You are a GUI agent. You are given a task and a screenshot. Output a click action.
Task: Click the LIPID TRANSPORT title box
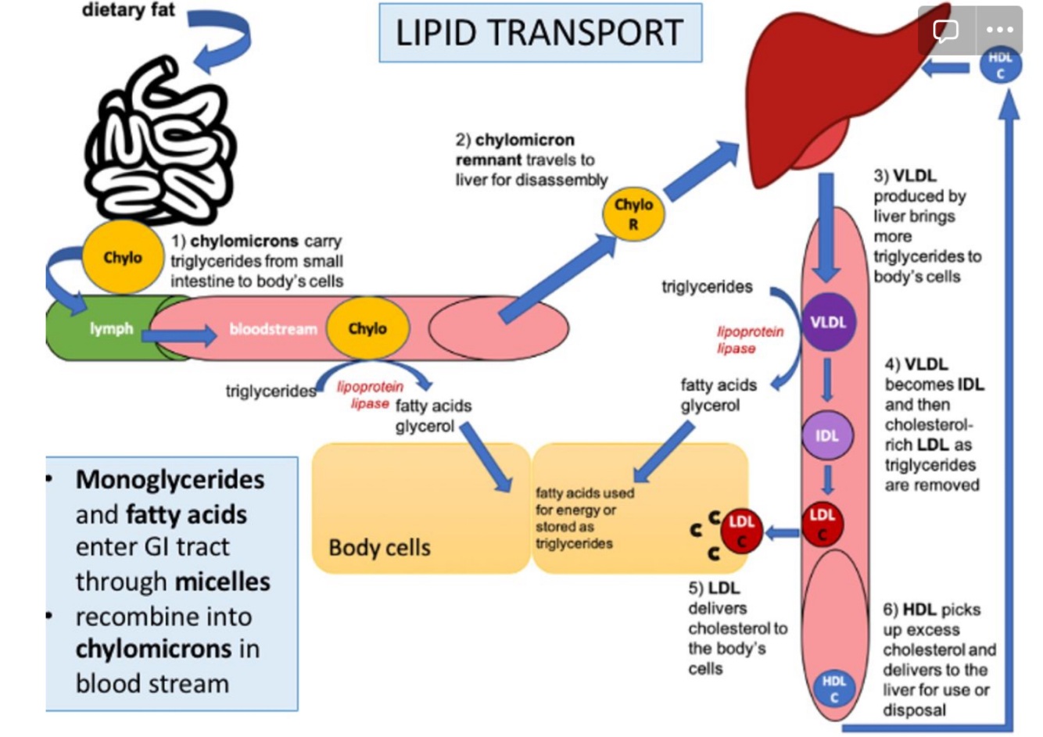[x=539, y=33]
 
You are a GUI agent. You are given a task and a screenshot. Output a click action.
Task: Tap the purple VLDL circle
[x=828, y=322]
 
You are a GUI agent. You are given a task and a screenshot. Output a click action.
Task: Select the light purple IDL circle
[x=827, y=435]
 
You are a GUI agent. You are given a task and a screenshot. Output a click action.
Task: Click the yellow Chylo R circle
[x=633, y=214]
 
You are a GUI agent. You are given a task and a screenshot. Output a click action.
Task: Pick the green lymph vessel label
[x=111, y=329]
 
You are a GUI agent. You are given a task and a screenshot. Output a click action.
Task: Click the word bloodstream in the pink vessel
[x=273, y=329]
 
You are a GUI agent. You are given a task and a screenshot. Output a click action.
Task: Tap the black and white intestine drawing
[x=160, y=145]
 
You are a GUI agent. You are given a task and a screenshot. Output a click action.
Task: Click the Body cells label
[x=379, y=547]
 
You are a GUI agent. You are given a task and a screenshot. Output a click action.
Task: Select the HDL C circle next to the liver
[x=1000, y=66]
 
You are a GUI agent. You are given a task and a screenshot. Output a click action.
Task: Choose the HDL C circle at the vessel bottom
[x=833, y=689]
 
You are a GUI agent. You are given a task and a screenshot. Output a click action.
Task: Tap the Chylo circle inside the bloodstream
[x=367, y=328]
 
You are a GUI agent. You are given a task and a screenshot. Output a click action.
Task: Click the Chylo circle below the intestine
[x=123, y=257]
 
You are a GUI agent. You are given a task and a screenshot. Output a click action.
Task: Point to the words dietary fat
[x=129, y=11]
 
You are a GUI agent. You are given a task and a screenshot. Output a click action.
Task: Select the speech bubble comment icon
[x=945, y=30]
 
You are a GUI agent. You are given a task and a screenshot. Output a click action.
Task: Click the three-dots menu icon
[x=999, y=30]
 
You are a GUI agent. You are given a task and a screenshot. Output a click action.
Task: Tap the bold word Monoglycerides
[x=170, y=479]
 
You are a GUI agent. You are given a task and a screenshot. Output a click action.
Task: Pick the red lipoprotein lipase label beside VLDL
[x=749, y=339]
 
